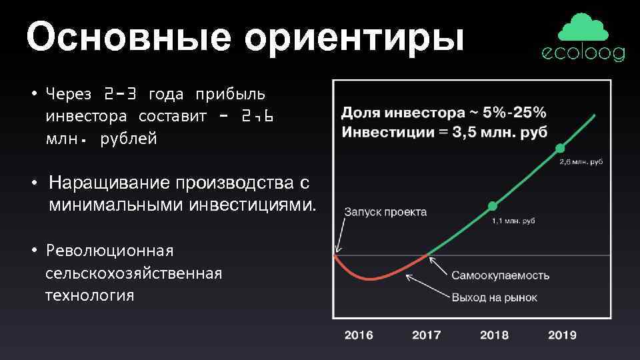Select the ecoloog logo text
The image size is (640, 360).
pos(583,54)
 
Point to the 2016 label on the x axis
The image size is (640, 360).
pos(359,335)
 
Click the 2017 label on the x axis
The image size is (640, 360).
pos(427,335)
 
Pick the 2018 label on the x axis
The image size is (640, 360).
pos(494,335)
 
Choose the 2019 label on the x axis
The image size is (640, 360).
pos(562,335)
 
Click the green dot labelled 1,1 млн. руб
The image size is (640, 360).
pos(492,205)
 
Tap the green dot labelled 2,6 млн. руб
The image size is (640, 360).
pos(560,147)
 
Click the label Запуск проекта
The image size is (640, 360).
pos(385,213)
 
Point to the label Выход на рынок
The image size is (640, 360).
pos(494,298)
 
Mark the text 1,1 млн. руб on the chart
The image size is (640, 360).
pos(513,220)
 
